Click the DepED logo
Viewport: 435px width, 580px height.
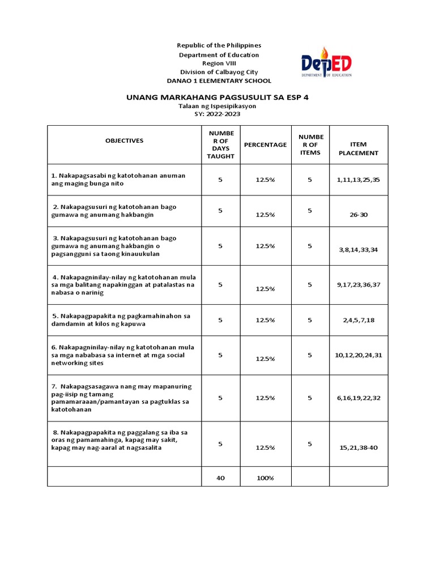(x=326, y=62)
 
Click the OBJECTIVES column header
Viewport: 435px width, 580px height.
(x=124, y=140)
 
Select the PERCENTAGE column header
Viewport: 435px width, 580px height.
(x=265, y=145)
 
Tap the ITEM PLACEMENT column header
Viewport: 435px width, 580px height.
(x=358, y=149)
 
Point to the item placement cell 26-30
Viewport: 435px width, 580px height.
(x=358, y=215)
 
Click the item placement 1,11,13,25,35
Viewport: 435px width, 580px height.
(x=358, y=180)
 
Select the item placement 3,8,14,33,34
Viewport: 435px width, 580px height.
(x=358, y=249)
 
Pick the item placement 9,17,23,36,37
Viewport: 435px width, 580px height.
(x=358, y=285)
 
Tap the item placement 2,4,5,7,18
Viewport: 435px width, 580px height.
(x=358, y=320)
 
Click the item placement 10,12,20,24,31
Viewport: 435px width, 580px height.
(x=358, y=355)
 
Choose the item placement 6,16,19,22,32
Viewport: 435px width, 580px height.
(x=358, y=398)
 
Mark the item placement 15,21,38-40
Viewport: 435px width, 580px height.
(x=358, y=447)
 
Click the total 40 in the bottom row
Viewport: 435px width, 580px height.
(x=220, y=478)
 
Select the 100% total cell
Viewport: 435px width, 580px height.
(x=265, y=478)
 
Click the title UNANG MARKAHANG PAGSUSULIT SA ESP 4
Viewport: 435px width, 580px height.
(x=217, y=97)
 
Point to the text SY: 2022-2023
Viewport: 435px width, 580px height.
(x=217, y=114)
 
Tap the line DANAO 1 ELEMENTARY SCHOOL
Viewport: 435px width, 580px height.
(x=219, y=81)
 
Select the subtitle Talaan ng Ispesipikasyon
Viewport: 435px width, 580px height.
(x=217, y=106)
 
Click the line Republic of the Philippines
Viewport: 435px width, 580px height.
(x=219, y=45)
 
